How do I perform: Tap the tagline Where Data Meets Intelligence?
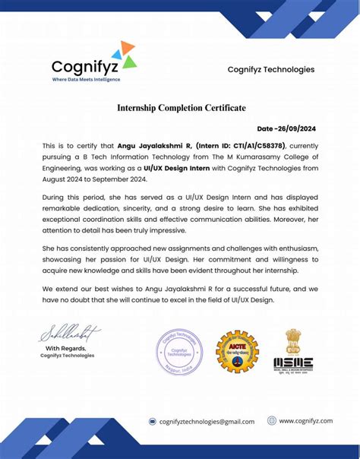pos(86,79)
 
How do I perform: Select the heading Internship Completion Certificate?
pos(181,108)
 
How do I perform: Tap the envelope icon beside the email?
pos(152,421)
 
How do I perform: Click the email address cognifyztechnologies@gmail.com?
pos(207,421)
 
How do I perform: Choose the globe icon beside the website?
pos(271,420)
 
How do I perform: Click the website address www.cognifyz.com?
pos(306,420)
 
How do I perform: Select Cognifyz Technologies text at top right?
pos(271,69)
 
